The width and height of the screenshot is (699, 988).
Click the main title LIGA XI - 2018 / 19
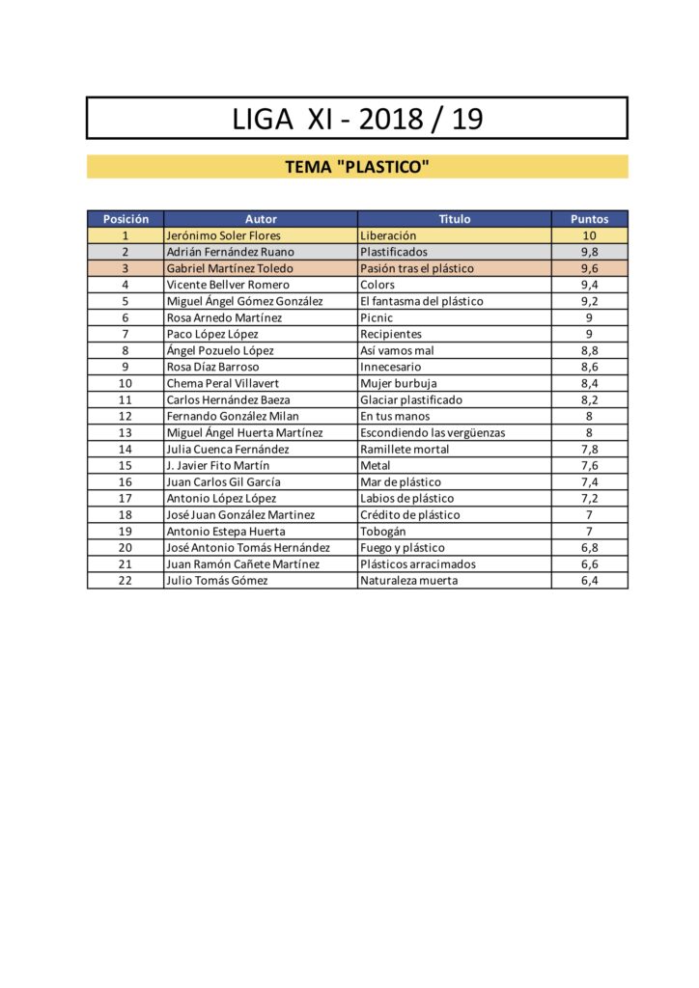point(357,119)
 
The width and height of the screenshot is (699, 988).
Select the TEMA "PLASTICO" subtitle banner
point(357,167)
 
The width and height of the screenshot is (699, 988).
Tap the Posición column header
point(126,219)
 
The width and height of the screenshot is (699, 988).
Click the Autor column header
point(261,219)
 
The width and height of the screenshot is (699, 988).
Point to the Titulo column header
point(455,219)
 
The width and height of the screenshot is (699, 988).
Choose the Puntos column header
point(589,219)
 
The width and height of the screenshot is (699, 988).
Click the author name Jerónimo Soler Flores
point(224,235)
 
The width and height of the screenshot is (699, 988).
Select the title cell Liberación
point(388,235)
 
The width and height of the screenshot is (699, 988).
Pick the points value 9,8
point(589,252)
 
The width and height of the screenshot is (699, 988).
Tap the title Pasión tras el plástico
point(417,268)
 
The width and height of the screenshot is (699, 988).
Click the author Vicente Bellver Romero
point(228,285)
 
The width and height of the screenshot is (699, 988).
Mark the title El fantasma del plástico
point(422,301)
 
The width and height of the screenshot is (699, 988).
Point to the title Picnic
point(377,317)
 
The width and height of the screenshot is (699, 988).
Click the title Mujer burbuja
point(399,383)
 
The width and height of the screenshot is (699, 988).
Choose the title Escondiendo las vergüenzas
point(433,432)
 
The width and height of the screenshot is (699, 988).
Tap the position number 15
point(126,465)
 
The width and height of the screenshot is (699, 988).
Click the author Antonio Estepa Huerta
point(226,531)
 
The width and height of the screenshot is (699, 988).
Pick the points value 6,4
point(589,580)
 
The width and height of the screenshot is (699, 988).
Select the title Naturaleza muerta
point(409,580)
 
